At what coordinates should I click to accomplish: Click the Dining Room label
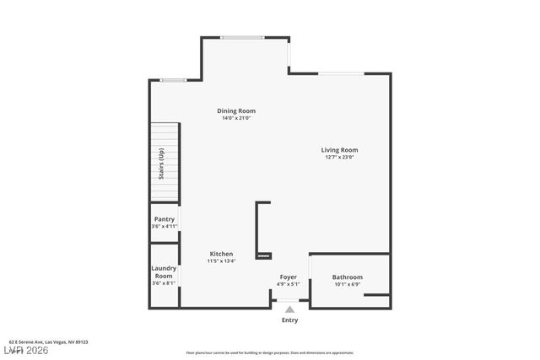[236, 110]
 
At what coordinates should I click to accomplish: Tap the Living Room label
[339, 150]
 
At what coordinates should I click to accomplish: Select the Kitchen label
[221, 254]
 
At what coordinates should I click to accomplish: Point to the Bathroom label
[347, 277]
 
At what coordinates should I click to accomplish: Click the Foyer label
[289, 277]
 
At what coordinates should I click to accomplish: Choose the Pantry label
[165, 219]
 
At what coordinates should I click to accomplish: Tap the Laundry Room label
[164, 272]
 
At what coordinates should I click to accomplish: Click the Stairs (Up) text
[161, 164]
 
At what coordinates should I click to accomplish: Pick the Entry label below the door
[289, 320]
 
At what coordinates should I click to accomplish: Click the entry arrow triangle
[289, 309]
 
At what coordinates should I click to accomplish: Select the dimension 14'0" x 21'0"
[236, 118]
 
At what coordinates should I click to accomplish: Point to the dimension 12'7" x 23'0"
[339, 158]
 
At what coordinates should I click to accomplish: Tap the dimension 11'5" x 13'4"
[221, 261]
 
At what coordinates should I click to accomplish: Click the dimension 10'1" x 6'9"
[347, 284]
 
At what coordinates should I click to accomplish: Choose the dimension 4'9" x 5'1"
[289, 284]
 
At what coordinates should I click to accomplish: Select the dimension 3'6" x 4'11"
[165, 227]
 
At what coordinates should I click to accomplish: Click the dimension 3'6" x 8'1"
[164, 283]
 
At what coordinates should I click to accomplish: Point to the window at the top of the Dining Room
[242, 37]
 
